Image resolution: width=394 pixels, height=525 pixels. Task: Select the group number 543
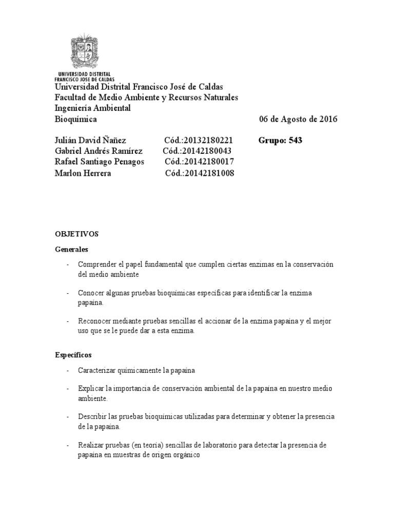(295, 140)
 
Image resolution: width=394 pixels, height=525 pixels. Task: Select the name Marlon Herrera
(83, 173)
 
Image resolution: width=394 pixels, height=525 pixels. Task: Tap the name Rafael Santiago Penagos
(100, 162)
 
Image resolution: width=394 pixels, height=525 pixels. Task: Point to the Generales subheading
(71, 250)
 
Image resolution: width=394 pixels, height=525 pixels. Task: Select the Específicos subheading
(73, 354)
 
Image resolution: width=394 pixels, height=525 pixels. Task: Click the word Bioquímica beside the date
(75, 119)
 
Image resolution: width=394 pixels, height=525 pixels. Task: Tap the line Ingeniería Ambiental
(93, 108)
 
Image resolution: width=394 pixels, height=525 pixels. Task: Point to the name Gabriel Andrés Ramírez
(98, 151)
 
